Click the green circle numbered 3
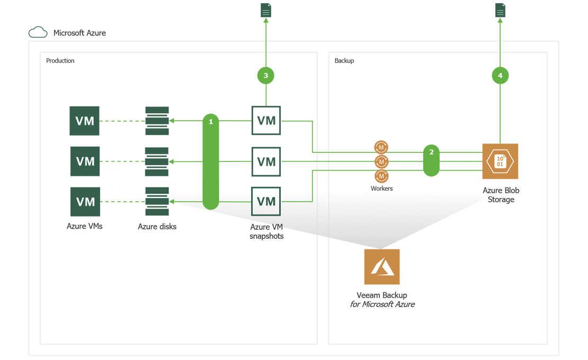(x=266, y=76)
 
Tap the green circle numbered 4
(x=500, y=76)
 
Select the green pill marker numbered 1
(x=211, y=161)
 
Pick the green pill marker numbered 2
(x=431, y=161)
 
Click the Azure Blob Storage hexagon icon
(x=500, y=161)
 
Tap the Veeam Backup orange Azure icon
(x=382, y=267)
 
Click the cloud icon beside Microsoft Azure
(x=38, y=33)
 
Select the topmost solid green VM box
(x=85, y=121)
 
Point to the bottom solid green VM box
(x=85, y=202)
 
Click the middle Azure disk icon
(x=157, y=161)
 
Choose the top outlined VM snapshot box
(x=266, y=121)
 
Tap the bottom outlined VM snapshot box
(x=266, y=201)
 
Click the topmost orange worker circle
(x=381, y=147)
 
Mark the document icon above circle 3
(x=266, y=11)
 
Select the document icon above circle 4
(x=500, y=11)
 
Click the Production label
(x=60, y=61)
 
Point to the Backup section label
(x=344, y=61)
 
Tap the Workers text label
(x=382, y=188)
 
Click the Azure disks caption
(x=157, y=227)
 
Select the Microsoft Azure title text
(x=79, y=33)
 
